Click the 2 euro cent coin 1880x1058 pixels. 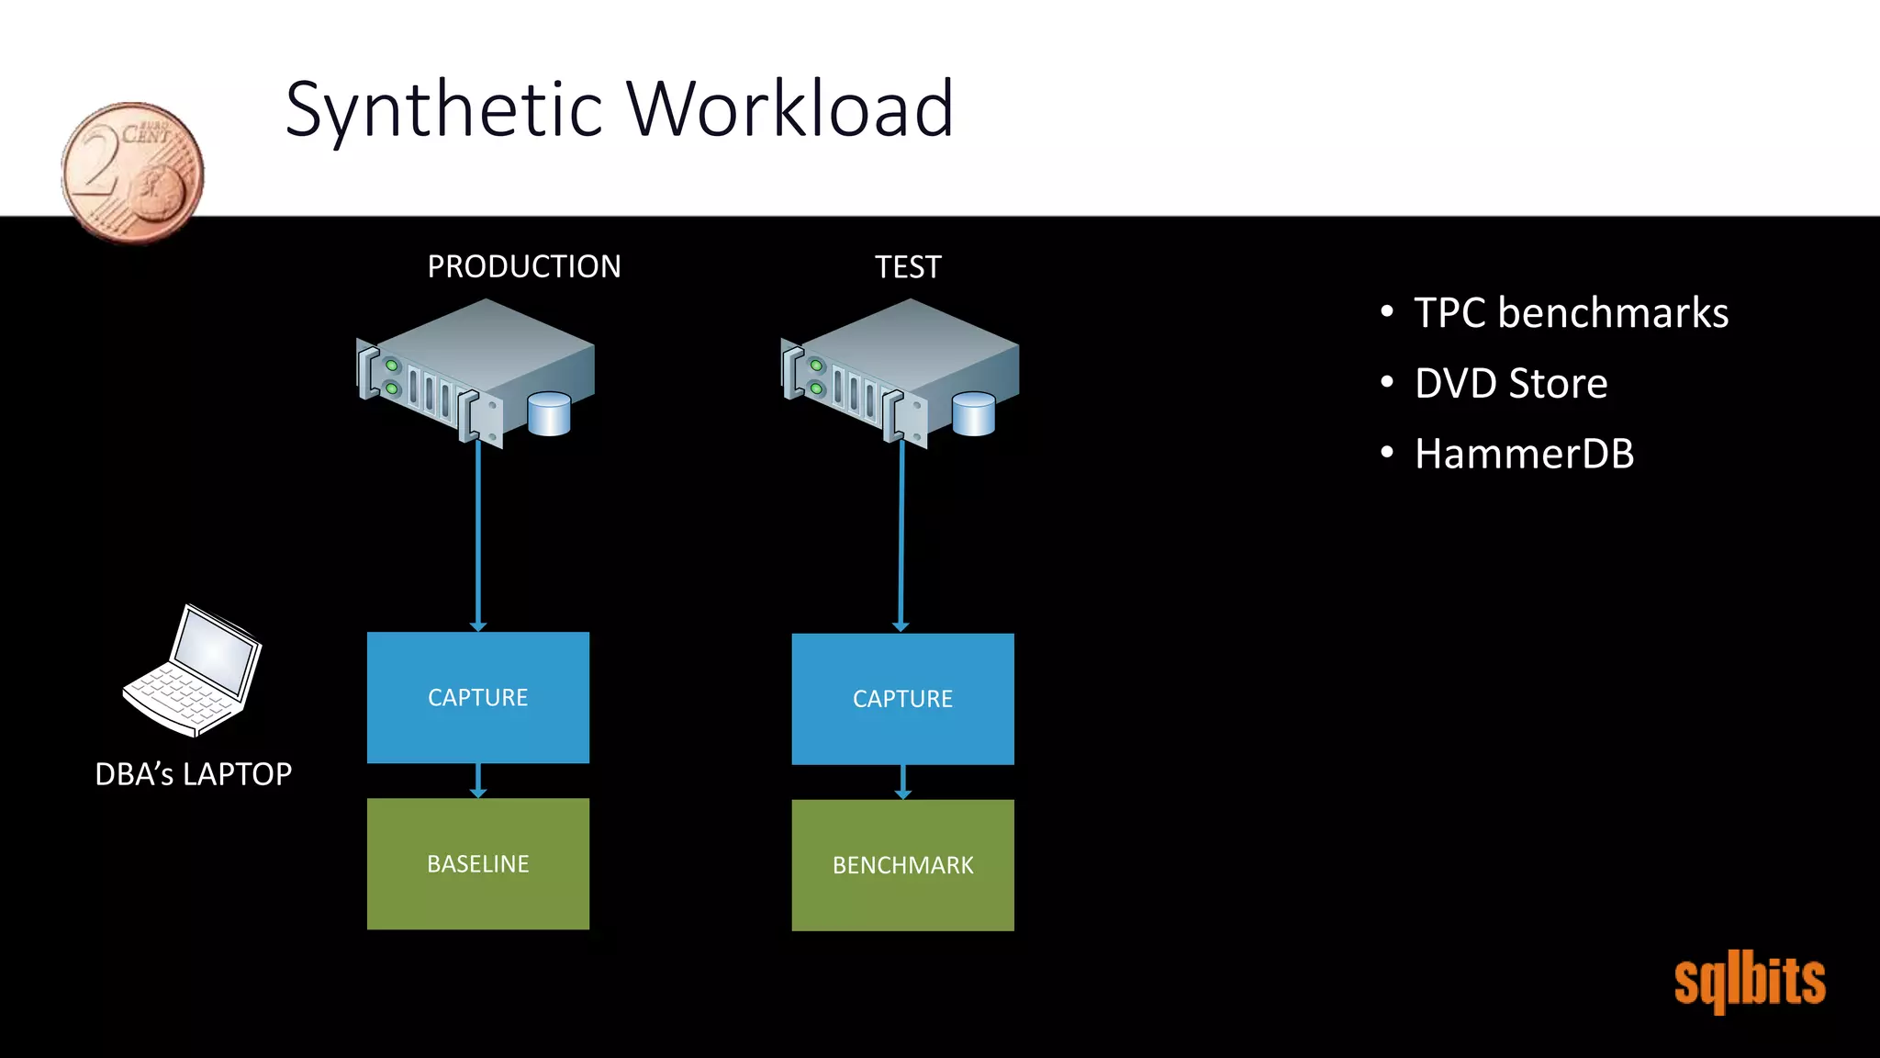[x=133, y=172]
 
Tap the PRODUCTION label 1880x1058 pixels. [x=524, y=266]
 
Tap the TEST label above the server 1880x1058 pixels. [x=908, y=267]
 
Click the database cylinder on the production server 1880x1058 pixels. [x=550, y=414]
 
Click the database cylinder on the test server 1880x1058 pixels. [x=974, y=414]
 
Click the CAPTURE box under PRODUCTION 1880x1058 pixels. [x=478, y=697]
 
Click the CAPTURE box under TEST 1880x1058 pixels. [x=902, y=699]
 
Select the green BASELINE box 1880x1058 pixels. [x=478, y=863]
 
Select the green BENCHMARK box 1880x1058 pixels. [x=902, y=865]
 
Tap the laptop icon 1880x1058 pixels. [x=194, y=670]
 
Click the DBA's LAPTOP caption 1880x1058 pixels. [x=194, y=774]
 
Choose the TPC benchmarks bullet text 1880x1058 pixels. [x=1571, y=313]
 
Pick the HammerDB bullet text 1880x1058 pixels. [x=1524, y=454]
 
